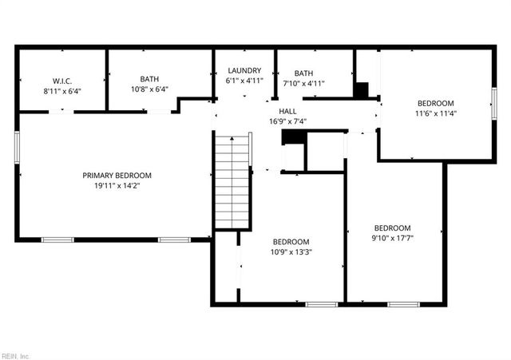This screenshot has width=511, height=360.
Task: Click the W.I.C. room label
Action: pyautogui.click(x=62, y=81)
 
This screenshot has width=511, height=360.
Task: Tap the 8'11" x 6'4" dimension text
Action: pyautogui.click(x=62, y=91)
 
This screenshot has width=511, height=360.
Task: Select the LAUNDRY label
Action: pyautogui.click(x=244, y=71)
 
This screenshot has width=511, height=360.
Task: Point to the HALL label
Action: pyautogui.click(x=288, y=111)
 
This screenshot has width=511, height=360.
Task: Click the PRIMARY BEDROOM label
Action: pyautogui.click(x=117, y=175)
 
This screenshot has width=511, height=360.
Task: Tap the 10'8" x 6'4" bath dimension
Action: pyautogui.click(x=149, y=89)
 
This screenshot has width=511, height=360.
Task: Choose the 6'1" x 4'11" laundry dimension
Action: pyautogui.click(x=244, y=81)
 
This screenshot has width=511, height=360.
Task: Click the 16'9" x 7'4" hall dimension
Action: pyautogui.click(x=288, y=121)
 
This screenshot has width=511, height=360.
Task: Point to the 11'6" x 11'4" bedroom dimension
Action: pyautogui.click(x=435, y=113)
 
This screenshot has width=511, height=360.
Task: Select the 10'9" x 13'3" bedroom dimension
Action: pyautogui.click(x=291, y=252)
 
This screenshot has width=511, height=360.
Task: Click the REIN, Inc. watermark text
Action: pyautogui.click(x=16, y=354)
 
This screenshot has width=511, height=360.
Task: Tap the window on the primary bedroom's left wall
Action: pyautogui.click(x=17, y=148)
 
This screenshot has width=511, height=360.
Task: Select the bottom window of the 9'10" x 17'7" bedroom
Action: pyautogui.click(x=403, y=304)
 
